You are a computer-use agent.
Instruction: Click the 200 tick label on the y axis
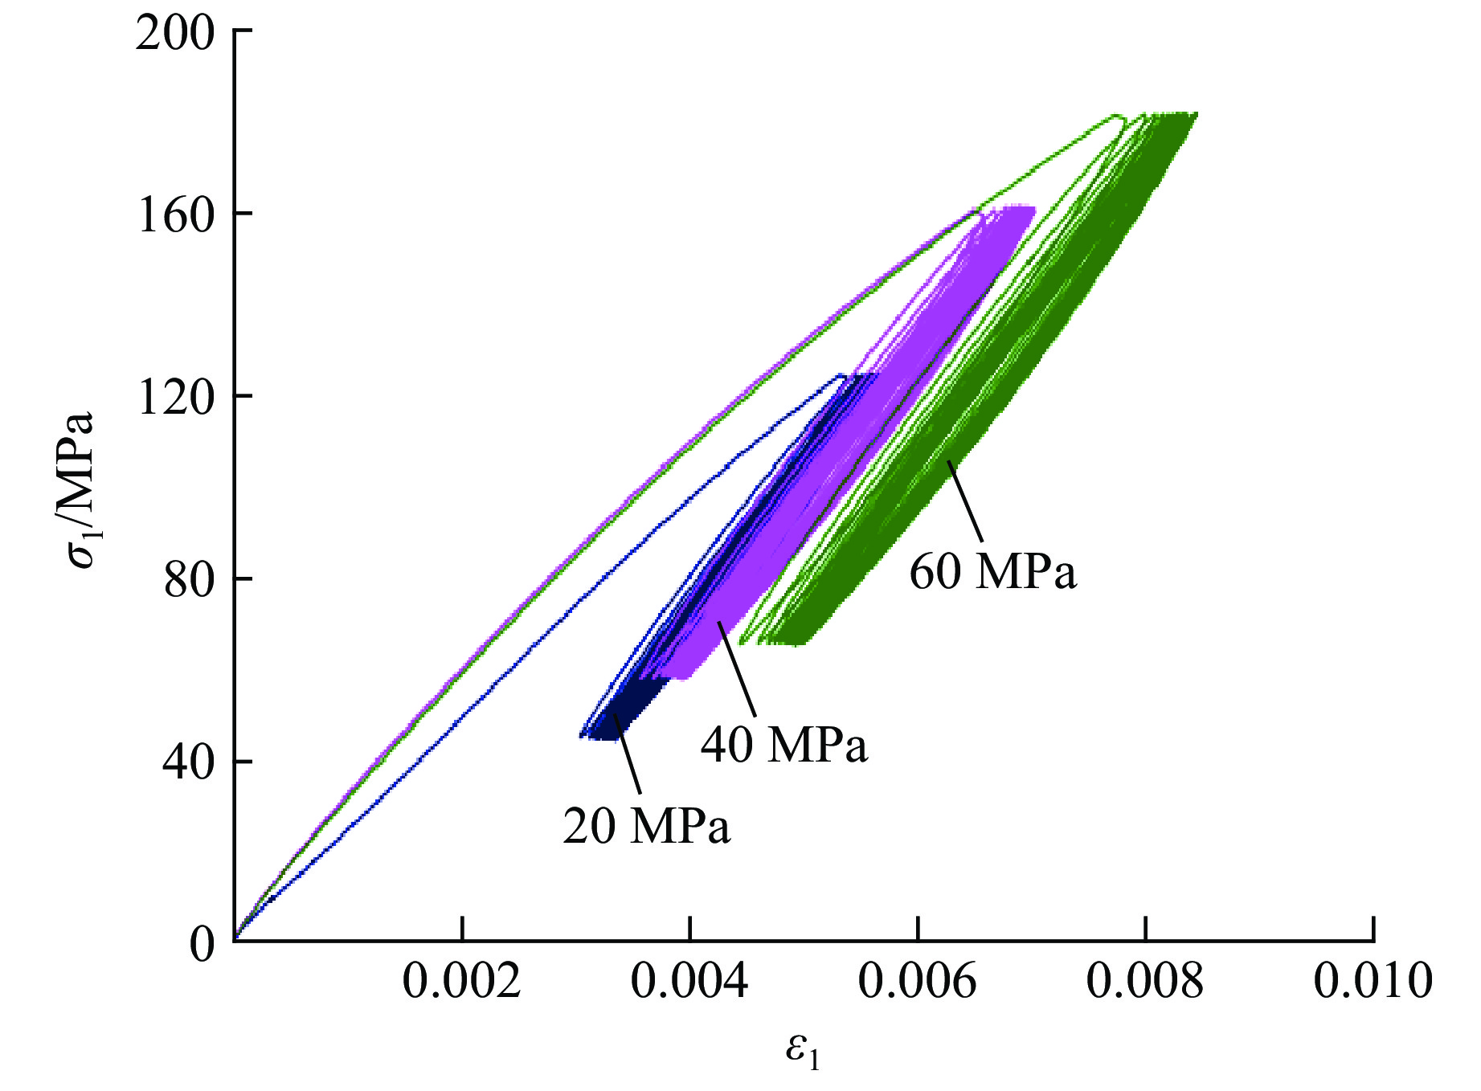[x=175, y=35]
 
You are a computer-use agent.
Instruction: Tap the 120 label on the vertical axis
[x=175, y=398]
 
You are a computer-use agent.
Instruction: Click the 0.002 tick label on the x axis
[x=461, y=982]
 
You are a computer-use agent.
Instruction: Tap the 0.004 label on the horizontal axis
[x=689, y=982]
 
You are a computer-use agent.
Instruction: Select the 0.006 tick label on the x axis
[x=917, y=982]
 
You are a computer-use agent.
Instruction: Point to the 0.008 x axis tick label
[x=1145, y=982]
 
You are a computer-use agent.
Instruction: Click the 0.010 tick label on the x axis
[x=1373, y=982]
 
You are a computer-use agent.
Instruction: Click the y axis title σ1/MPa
[x=82, y=490]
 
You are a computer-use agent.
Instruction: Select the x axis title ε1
[x=803, y=1052]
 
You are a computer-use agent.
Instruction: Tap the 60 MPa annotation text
[x=992, y=573]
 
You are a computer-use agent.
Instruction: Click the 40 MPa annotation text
[x=784, y=745]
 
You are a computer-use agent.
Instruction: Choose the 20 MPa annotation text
[x=646, y=826]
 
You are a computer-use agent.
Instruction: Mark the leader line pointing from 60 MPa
[x=965, y=501]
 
